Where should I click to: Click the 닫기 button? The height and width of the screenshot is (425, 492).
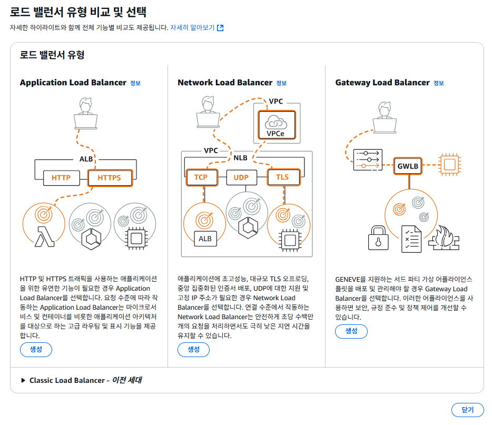click(467, 410)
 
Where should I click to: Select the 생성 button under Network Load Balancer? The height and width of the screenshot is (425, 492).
click(193, 349)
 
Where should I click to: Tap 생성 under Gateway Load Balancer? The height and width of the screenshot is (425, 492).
click(351, 331)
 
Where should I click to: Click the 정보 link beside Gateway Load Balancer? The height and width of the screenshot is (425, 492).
click(438, 83)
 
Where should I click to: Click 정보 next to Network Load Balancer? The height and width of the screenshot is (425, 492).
click(281, 83)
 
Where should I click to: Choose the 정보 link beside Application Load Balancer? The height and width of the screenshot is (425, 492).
click(135, 83)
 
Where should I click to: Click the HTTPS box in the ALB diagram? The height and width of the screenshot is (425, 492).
click(109, 177)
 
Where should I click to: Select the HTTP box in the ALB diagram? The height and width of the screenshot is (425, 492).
click(61, 177)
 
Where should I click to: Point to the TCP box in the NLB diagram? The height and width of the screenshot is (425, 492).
click(201, 177)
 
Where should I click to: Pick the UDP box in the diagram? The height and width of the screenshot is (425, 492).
click(241, 177)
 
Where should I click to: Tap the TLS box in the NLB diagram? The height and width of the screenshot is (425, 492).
click(282, 177)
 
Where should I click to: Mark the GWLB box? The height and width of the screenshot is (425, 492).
click(408, 165)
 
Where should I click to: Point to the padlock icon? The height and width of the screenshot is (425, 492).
click(378, 238)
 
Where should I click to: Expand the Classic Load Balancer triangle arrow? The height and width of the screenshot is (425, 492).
click(23, 380)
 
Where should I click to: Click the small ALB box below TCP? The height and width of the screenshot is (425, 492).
click(205, 239)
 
